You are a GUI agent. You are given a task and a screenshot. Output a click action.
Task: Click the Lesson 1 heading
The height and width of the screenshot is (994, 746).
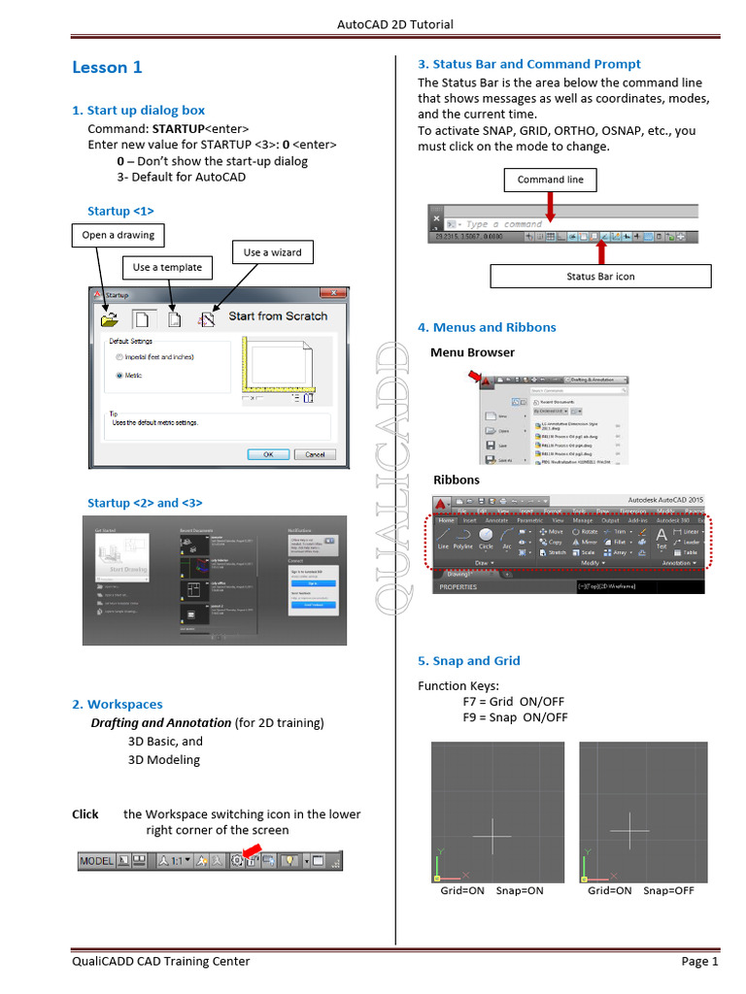[x=107, y=67]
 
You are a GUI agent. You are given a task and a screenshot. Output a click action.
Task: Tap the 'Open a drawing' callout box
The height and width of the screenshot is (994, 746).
[x=118, y=235]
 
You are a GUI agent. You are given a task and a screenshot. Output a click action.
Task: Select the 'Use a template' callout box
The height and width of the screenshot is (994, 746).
[x=167, y=267]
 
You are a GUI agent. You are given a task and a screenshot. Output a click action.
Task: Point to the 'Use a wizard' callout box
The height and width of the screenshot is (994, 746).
[x=272, y=252]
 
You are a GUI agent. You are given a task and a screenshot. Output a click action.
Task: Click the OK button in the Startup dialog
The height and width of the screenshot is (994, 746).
[x=268, y=453]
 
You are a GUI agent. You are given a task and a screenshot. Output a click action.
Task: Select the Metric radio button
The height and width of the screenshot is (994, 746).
[x=119, y=375]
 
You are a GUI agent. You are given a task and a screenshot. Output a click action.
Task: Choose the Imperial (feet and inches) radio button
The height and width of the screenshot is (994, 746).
[x=119, y=356]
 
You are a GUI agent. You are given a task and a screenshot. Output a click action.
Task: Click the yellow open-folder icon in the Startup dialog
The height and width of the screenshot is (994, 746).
[x=111, y=318]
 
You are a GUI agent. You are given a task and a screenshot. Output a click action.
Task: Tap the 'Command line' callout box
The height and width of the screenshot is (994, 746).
[x=551, y=180]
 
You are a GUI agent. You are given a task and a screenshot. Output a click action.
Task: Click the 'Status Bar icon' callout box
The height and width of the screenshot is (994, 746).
[x=600, y=277]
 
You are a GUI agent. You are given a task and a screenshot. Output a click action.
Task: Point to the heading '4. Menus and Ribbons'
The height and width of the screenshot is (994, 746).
[x=487, y=327]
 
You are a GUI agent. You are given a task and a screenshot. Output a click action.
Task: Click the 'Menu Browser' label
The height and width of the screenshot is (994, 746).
[x=472, y=352]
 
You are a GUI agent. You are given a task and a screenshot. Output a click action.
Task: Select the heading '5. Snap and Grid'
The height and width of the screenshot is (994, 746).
[x=469, y=661]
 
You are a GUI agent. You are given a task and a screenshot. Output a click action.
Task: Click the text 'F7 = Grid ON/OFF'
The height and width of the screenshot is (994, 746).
[x=513, y=702]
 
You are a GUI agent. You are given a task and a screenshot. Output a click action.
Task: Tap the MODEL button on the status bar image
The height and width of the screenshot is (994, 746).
[x=96, y=860]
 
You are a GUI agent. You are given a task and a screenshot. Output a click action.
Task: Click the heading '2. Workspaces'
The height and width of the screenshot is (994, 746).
[x=117, y=705]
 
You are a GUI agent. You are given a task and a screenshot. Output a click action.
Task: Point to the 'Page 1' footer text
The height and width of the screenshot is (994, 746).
[x=699, y=962]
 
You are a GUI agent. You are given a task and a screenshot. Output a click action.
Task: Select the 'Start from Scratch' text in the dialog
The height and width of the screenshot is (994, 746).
[x=278, y=316]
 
